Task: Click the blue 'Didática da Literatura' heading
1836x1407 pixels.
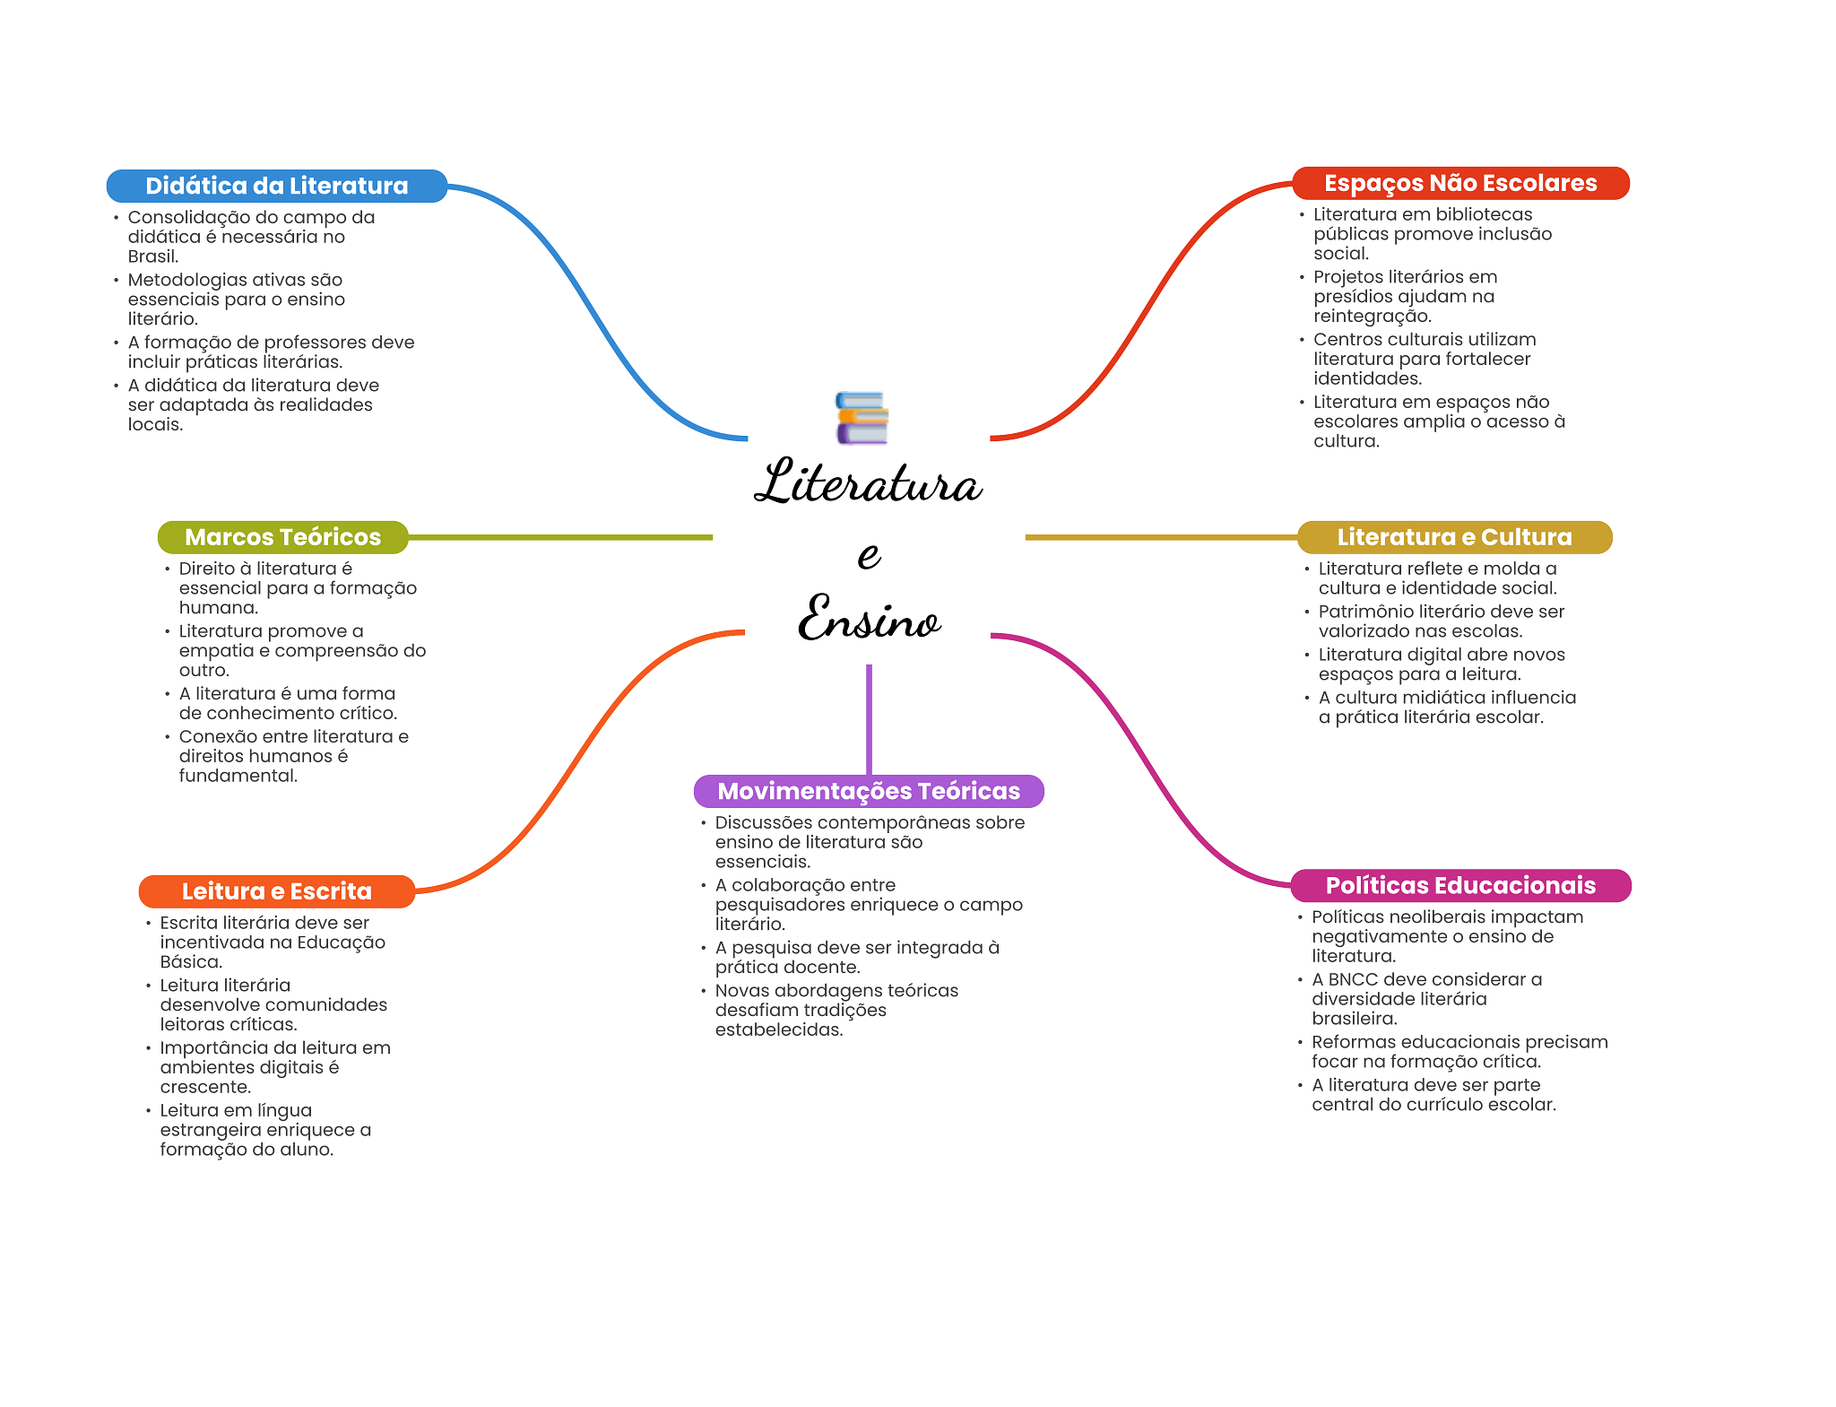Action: pos(276,186)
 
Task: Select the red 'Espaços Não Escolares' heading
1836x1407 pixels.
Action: pos(1459,183)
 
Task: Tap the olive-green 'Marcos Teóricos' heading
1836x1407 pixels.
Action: pos(282,537)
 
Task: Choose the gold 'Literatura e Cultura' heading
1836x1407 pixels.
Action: pos(1454,537)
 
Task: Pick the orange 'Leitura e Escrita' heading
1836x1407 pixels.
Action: pos(276,891)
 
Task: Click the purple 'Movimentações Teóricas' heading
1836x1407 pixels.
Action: pos(868,791)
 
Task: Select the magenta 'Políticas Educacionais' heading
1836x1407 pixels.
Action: pos(1459,885)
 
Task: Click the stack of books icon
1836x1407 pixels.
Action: pos(862,418)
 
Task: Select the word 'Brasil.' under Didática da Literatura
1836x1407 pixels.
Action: pos(153,256)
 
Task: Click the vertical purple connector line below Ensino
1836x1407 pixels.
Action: pos(869,717)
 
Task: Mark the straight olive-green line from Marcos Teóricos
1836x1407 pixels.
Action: pos(560,537)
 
